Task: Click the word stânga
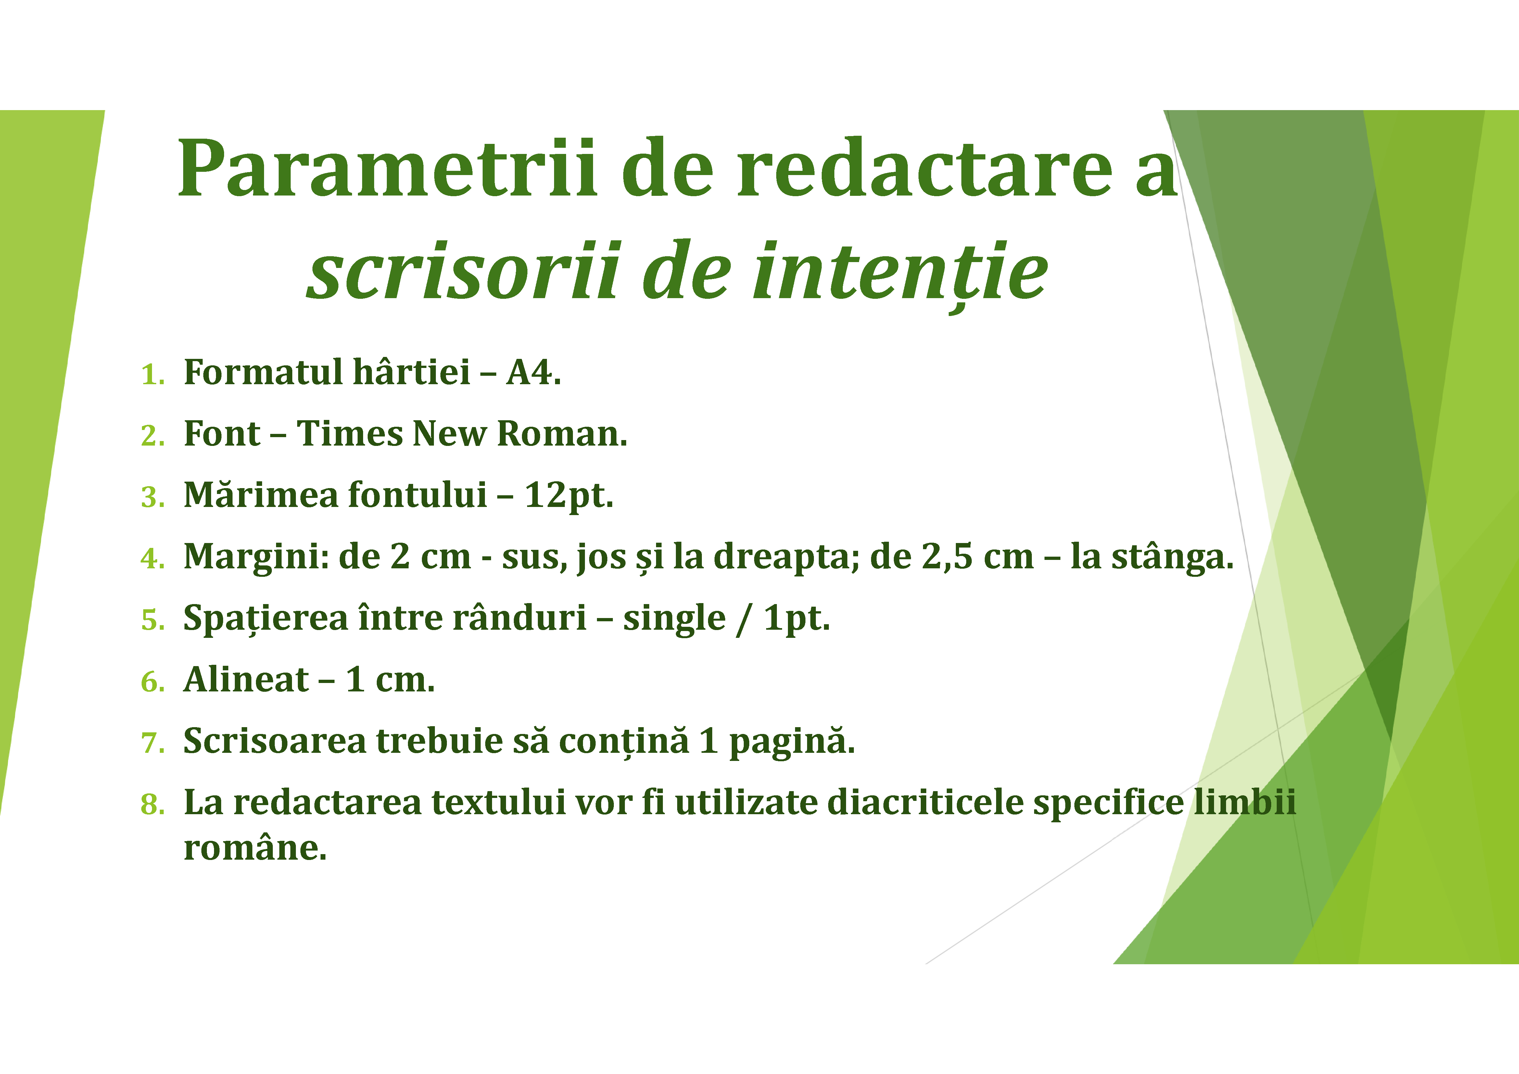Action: (x=1172, y=557)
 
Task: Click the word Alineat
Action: (x=246, y=680)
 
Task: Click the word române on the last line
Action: (x=255, y=848)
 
